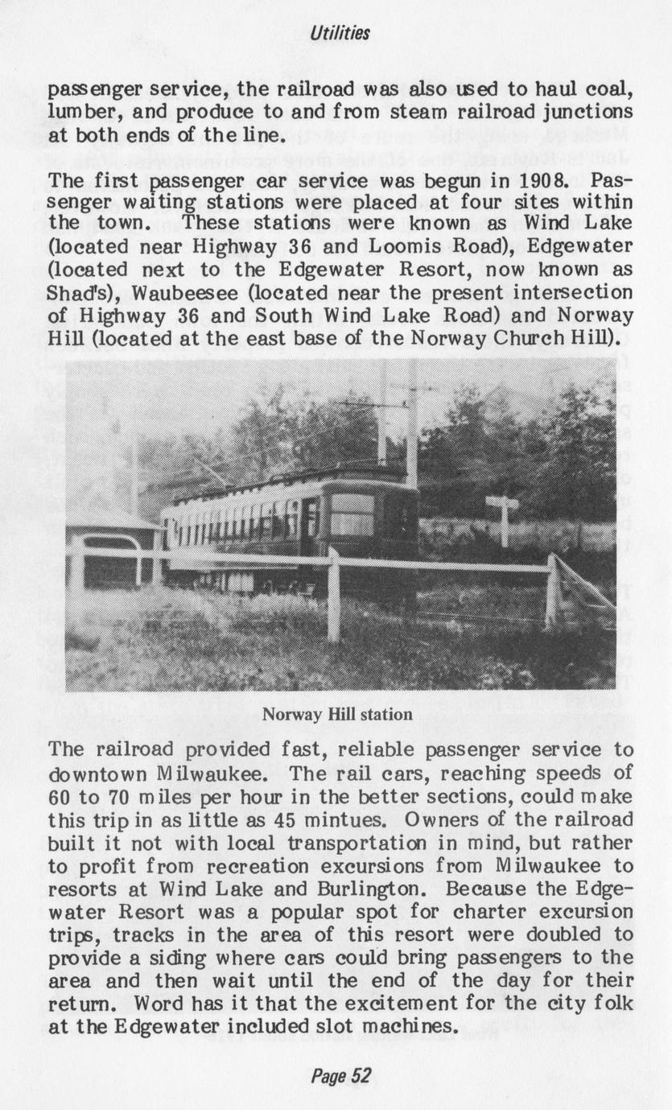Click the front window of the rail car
351,515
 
